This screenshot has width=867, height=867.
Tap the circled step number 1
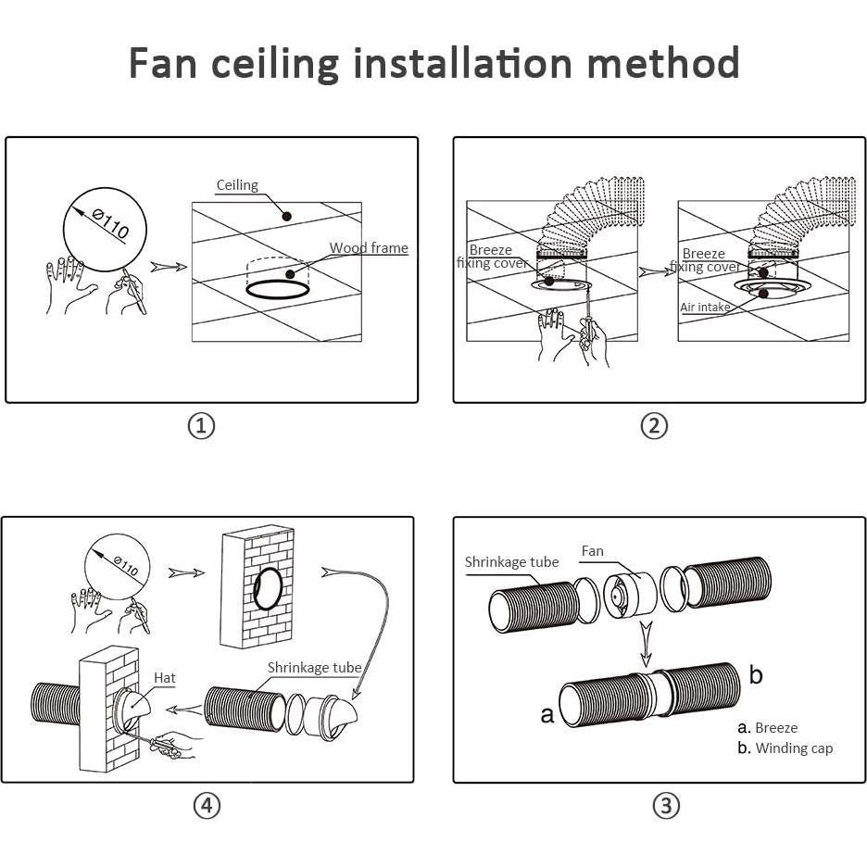click(x=201, y=426)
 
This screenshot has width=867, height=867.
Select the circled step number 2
click(x=654, y=426)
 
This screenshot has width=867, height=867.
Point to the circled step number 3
click(x=666, y=806)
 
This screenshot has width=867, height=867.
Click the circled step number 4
click(x=207, y=806)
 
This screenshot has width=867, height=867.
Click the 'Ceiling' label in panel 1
click(x=237, y=185)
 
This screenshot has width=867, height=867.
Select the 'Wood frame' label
click(x=369, y=248)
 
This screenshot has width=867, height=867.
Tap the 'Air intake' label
click(x=706, y=308)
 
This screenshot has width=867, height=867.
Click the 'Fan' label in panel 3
click(x=592, y=551)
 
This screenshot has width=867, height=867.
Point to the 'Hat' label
click(x=165, y=678)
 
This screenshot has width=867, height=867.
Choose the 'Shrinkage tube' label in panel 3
click(x=511, y=562)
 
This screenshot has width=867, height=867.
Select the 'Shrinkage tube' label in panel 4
click(x=314, y=667)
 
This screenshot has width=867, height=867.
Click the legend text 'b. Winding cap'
click(x=785, y=748)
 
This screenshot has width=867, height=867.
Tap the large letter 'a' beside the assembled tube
click(x=547, y=714)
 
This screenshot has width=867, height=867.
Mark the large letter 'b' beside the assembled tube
click(x=756, y=674)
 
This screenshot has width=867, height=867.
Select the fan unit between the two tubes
click(x=629, y=595)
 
